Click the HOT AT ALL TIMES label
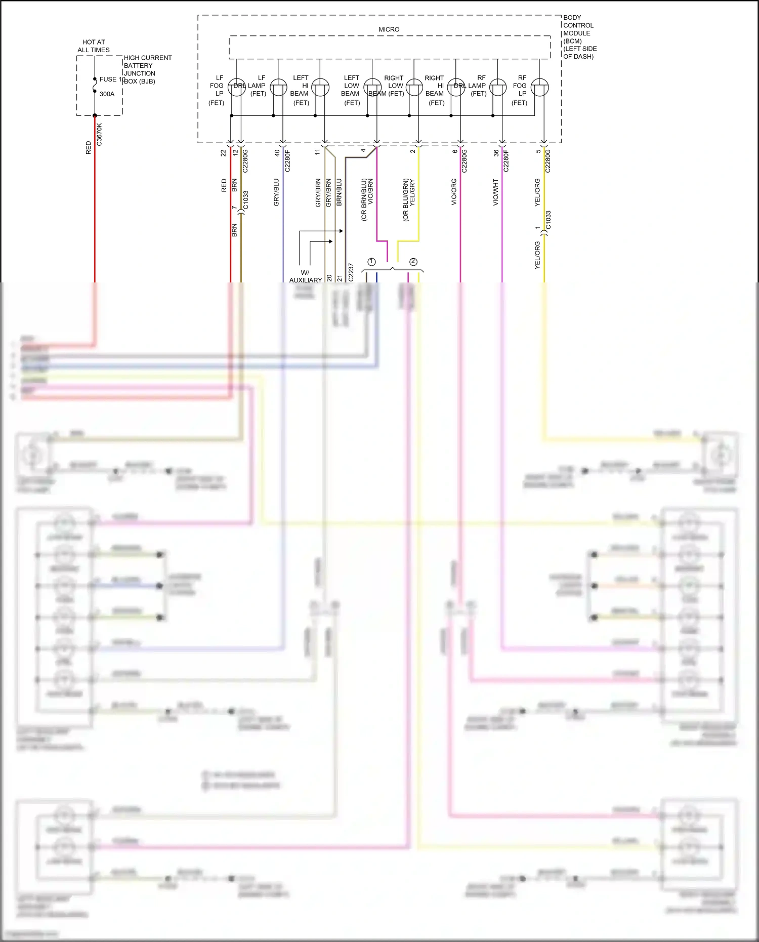click(94, 46)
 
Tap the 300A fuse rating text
click(107, 94)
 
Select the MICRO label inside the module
click(389, 29)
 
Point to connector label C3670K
click(99, 135)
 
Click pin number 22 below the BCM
click(223, 152)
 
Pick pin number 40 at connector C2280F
click(277, 152)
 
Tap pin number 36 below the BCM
click(496, 152)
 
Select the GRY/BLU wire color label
click(276, 192)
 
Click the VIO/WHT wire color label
click(496, 192)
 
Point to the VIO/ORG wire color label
click(454, 192)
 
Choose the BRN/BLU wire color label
click(339, 192)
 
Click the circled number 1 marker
click(371, 262)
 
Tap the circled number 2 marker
click(413, 262)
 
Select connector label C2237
click(351, 272)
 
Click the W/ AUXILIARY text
click(306, 276)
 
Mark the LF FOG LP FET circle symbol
click(236, 87)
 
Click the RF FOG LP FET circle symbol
click(540, 87)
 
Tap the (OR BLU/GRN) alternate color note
click(406, 200)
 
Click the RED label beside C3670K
click(89, 148)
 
